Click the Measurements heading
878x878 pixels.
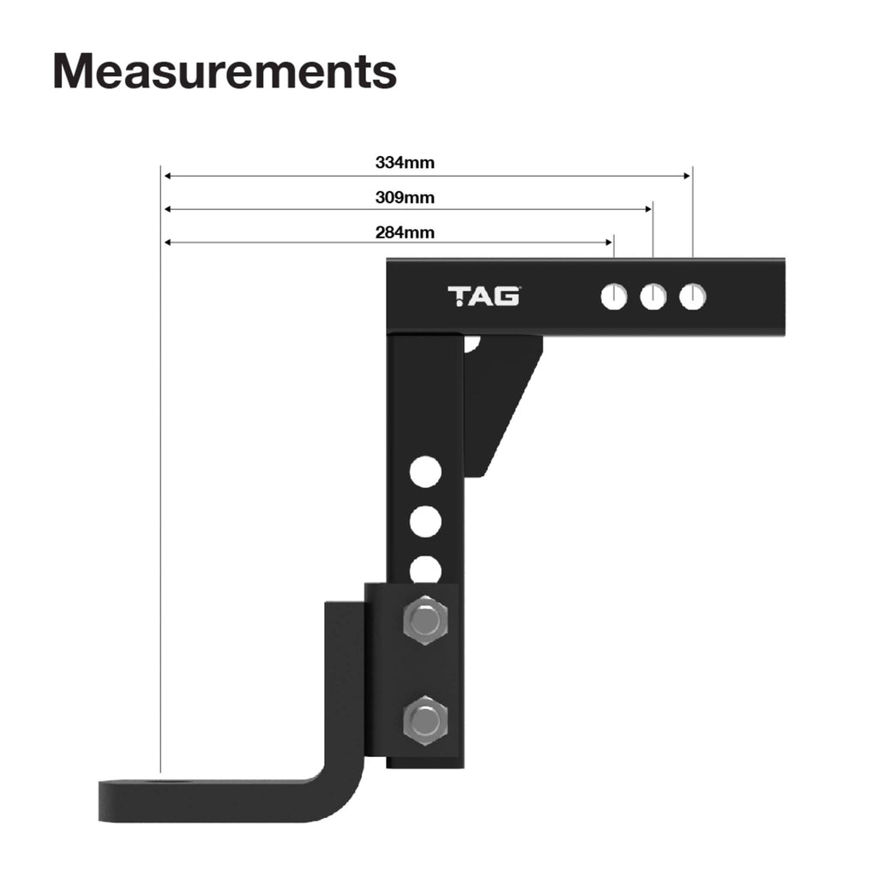click(225, 71)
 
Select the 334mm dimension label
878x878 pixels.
click(405, 161)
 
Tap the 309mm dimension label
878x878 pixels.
click(405, 197)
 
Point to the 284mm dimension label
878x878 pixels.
click(405, 232)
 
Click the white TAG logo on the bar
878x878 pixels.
click(484, 297)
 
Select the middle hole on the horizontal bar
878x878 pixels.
click(653, 297)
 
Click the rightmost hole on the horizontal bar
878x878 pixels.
click(693, 297)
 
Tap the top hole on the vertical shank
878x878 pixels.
click(425, 472)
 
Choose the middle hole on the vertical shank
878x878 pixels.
click(425, 521)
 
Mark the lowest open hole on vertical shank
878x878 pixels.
click(425, 568)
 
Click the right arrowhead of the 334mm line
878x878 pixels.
click(687, 176)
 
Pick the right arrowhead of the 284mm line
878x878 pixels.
click(610, 243)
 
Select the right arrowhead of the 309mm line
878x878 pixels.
click(649, 209)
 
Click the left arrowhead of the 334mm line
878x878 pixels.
click(167, 176)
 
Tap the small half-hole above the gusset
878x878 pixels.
click(471, 344)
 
